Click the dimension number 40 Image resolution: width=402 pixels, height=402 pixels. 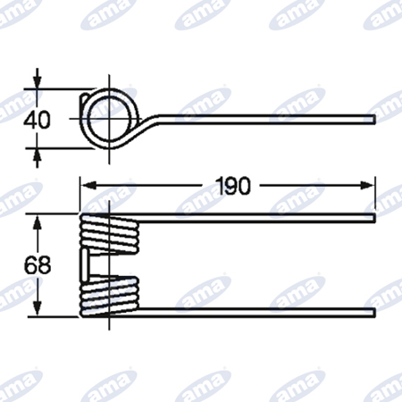point(37,120)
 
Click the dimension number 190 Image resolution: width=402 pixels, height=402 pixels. point(234,186)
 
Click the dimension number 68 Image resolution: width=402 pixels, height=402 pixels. point(38,265)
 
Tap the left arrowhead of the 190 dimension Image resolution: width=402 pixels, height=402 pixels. point(88,186)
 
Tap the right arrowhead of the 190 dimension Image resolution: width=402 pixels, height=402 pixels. point(366,186)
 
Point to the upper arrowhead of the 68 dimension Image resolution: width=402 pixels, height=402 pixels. point(37,222)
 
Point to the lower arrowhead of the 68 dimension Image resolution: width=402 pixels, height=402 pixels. point(37,309)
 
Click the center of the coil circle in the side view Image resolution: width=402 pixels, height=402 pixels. point(109,119)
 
